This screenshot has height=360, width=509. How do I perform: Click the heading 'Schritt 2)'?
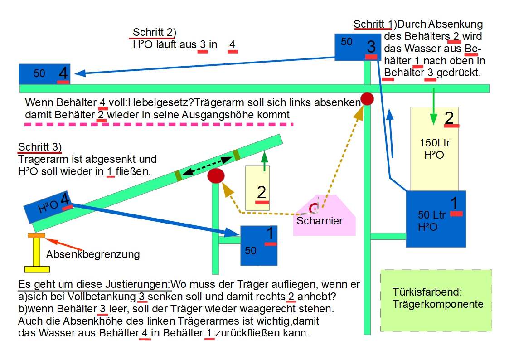pyautogui.click(x=154, y=32)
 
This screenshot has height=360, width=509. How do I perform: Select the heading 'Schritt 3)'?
pyautogui.click(x=39, y=147)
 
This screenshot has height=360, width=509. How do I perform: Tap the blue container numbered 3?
pyautogui.click(x=358, y=47)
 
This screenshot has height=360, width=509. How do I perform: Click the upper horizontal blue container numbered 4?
pyautogui.click(x=44, y=74)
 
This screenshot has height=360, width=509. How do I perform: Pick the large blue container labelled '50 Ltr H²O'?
pyautogui.click(x=436, y=219)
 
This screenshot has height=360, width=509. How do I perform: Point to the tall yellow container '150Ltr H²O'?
pyautogui.click(x=435, y=149)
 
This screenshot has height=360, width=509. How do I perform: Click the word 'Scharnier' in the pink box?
pyautogui.click(x=320, y=221)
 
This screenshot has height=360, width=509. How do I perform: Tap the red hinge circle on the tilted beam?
pyautogui.click(x=216, y=175)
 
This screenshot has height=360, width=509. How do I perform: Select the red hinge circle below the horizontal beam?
pyautogui.click(x=367, y=99)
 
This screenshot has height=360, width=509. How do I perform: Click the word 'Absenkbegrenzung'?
pyautogui.click(x=93, y=254)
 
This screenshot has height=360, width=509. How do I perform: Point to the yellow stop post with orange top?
pyautogui.click(x=37, y=253)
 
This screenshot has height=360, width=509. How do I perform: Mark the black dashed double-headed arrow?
pyautogui.click(x=207, y=166)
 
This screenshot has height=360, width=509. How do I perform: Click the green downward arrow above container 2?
pyautogui.click(x=433, y=107)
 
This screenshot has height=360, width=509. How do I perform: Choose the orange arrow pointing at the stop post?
pyautogui.click(x=64, y=244)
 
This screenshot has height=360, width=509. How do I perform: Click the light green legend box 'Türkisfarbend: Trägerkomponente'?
pyautogui.click(x=436, y=301)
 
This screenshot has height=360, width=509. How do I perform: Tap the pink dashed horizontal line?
pyautogui.click(x=159, y=124)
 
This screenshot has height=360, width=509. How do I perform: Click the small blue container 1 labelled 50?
pyautogui.click(x=259, y=246)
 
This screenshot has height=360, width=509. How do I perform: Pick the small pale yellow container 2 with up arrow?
pyautogui.click(x=257, y=188)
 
